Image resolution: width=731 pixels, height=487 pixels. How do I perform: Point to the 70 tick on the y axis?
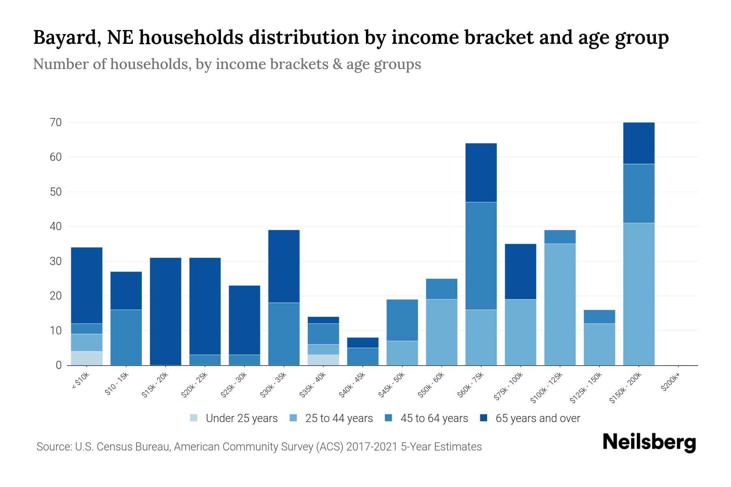pos(56,123)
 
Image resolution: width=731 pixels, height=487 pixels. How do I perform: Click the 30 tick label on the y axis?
pos(56,261)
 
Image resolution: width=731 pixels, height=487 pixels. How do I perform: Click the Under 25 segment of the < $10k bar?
pos(87,358)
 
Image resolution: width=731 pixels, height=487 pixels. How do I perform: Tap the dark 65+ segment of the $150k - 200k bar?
pos(639,143)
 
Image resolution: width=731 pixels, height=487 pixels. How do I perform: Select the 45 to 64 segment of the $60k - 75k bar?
pos(481,256)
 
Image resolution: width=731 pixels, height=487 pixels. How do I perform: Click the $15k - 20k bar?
pos(166,311)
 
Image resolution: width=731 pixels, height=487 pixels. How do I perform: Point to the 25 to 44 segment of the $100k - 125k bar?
pos(560,304)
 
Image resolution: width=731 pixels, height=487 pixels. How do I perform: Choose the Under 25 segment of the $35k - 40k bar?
pos(323,360)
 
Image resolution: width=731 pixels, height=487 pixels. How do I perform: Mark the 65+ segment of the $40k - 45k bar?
pos(363,343)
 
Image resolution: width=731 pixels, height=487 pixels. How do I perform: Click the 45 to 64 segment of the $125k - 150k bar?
pos(599,317)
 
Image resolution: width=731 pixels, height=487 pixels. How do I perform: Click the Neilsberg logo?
pos(649,442)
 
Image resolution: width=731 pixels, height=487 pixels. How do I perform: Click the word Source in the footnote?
pos(53,447)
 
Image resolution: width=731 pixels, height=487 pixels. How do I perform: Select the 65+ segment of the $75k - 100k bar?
pos(520,272)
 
